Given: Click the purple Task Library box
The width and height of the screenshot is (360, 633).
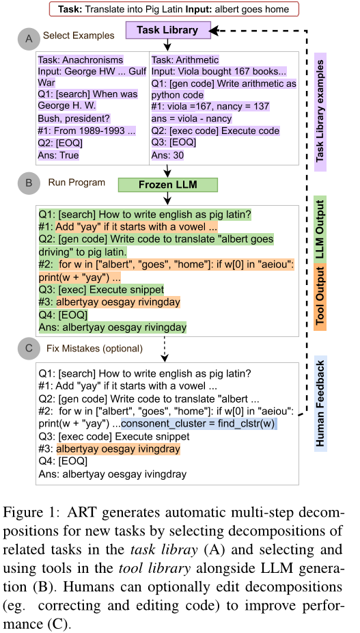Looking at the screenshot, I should tap(167, 30).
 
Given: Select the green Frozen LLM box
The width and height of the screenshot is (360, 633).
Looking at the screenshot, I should tap(167, 185).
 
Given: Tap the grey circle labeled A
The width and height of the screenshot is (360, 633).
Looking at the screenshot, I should tap(29, 38).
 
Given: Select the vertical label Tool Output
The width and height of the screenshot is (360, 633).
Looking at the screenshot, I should tap(320, 297).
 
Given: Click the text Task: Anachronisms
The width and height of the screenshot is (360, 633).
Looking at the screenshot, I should tap(81, 59).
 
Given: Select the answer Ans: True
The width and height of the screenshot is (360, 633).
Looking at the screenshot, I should tap(59, 155).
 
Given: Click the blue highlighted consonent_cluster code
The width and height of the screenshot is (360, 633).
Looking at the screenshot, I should tap(198, 424).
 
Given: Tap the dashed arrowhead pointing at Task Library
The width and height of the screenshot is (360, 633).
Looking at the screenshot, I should tap(214, 31).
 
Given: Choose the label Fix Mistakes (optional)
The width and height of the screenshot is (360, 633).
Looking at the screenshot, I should tap(94, 349).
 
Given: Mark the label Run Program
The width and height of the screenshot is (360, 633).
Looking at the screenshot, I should tap(77, 183).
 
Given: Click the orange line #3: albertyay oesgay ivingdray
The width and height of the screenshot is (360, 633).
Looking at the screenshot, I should tap(109, 449).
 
